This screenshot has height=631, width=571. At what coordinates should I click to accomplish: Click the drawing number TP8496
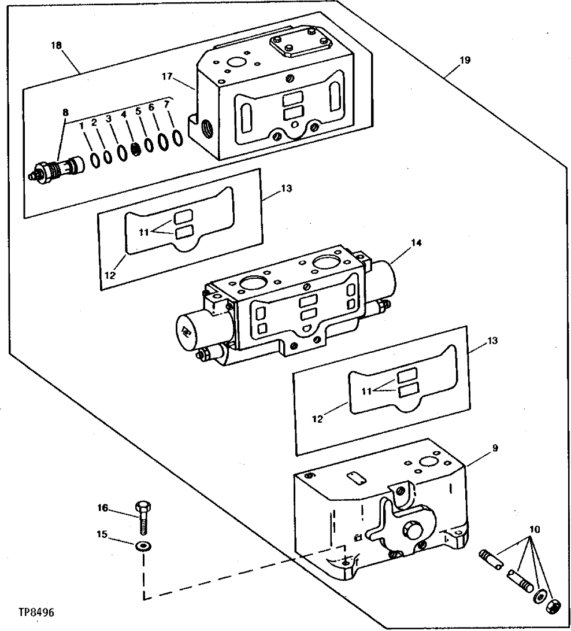[39, 612]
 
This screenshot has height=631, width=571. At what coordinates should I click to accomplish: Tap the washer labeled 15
[142, 546]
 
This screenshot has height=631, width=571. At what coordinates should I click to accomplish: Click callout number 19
[466, 60]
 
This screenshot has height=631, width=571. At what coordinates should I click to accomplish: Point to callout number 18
[57, 45]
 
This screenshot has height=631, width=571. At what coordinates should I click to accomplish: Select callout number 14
[416, 243]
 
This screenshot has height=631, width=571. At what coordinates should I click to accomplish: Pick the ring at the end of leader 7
[179, 138]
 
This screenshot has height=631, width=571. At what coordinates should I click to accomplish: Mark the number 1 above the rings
[82, 124]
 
